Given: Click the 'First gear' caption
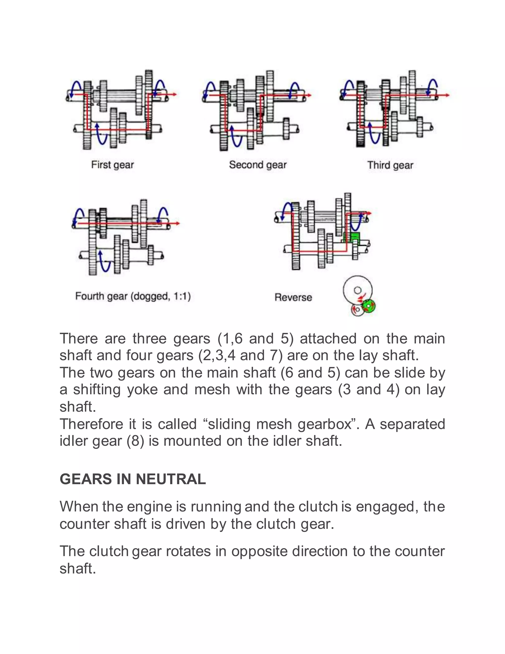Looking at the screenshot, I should tap(112, 165).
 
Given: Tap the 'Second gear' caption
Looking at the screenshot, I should tap(258, 165).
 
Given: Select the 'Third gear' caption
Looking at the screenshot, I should tap(390, 165).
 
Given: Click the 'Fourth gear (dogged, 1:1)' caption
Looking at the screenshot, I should tap(133, 296).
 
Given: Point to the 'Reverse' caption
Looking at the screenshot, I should tap(293, 297).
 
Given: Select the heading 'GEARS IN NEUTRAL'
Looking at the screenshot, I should tap(132, 479).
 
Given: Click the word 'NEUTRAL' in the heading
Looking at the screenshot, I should tap(171, 479).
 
